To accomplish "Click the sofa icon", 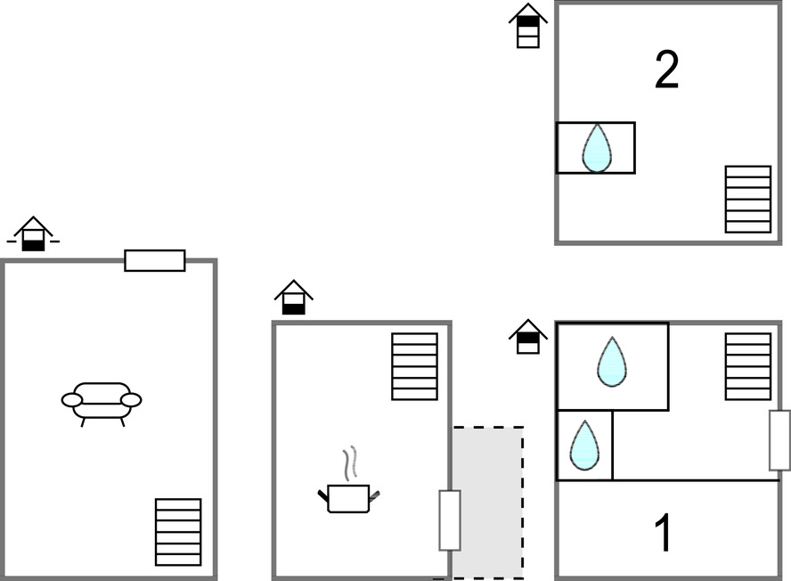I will tap(102, 402).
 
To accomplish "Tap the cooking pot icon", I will tap(348, 497).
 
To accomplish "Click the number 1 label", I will tap(664, 533).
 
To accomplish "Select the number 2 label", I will tap(666, 70).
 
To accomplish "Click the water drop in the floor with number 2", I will tap(597, 147).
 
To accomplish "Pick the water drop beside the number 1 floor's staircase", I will tap(611, 362).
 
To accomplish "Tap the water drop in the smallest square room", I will tap(584, 445).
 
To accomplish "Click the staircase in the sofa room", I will tap(178, 532).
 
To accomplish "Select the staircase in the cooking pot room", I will tap(415, 366).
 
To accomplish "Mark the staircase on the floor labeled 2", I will tap(748, 199).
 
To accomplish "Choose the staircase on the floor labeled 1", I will tap(748, 366).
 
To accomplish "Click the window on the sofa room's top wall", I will tap(155, 260).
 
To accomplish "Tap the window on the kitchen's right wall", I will tap(450, 520).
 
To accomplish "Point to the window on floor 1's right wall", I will tap(780, 440).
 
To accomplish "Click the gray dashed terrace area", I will tap(487, 502).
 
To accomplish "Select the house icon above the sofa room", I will tap(33, 233).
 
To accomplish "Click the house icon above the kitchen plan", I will tap(294, 297).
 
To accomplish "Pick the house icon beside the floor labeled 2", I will tap(528, 26).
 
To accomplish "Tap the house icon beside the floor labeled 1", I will tap(528, 336).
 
